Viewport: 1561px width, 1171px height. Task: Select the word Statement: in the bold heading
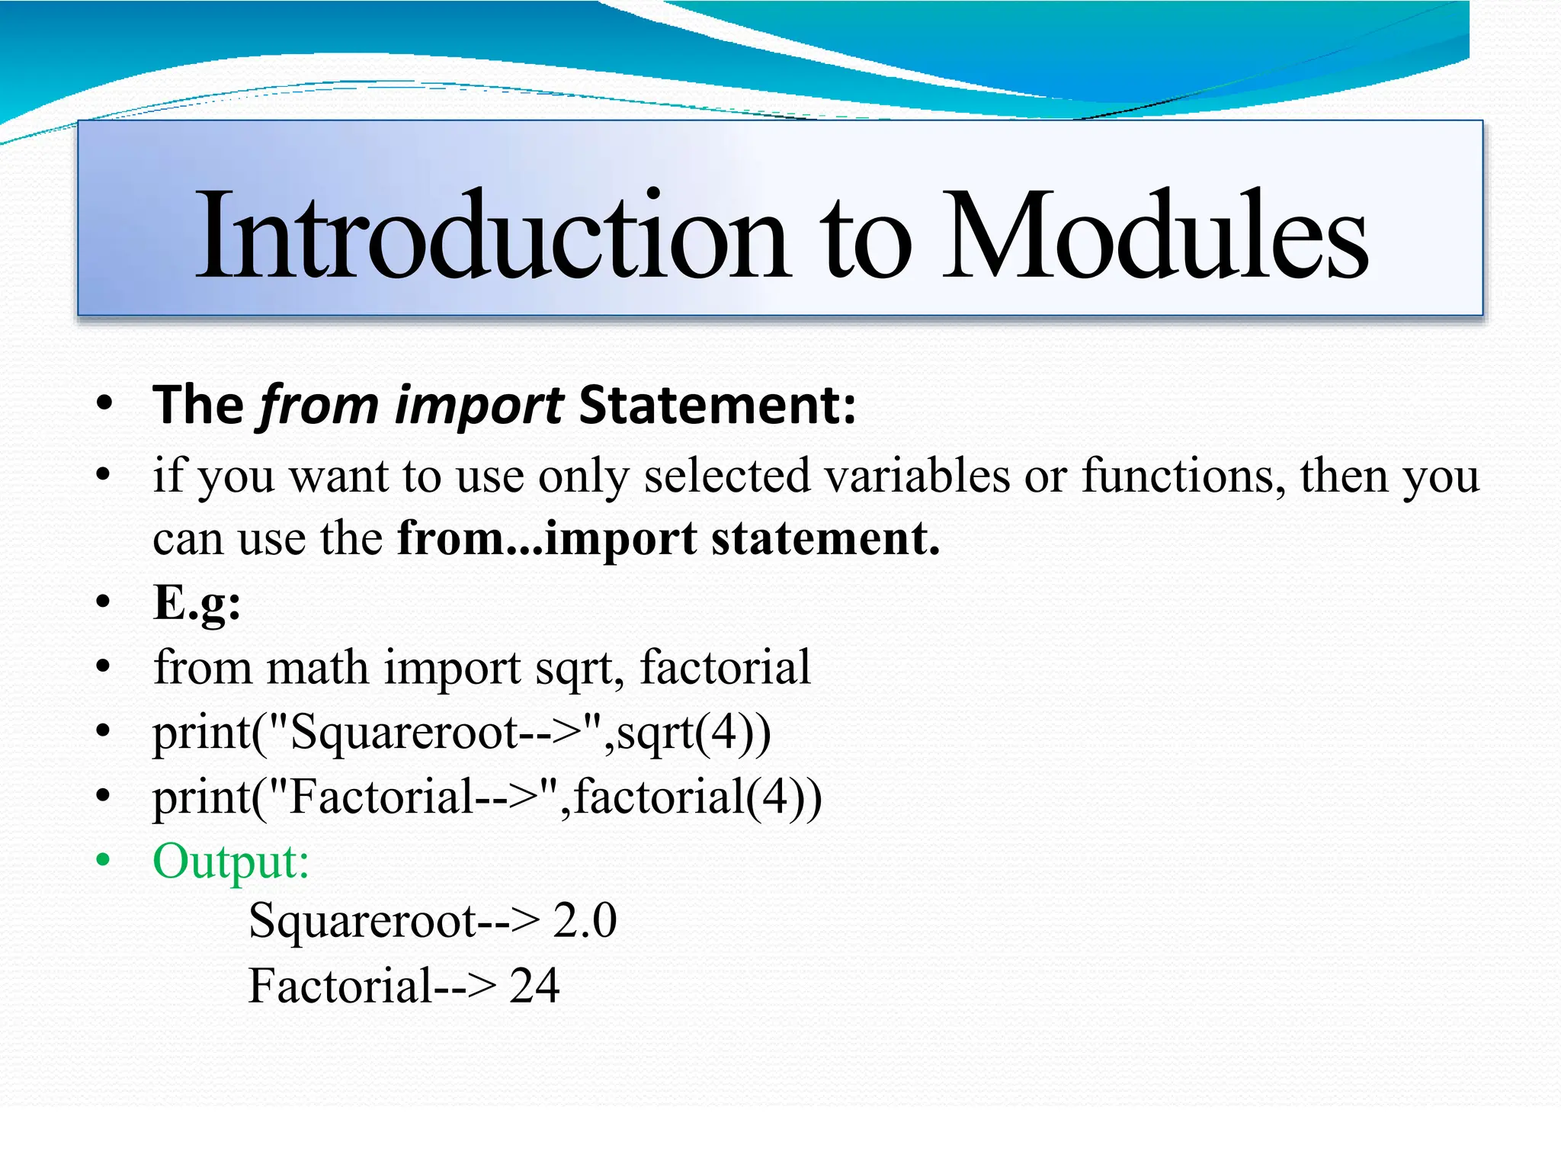click(717, 405)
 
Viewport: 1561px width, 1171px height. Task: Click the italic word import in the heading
click(479, 405)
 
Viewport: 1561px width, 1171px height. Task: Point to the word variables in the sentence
click(917, 476)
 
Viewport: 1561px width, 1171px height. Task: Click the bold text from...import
click(547, 538)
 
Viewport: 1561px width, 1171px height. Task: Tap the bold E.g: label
click(197, 603)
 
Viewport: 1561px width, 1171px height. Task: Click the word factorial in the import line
click(725, 667)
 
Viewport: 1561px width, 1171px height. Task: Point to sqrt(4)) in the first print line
click(694, 733)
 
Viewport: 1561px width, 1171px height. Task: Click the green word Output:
click(231, 861)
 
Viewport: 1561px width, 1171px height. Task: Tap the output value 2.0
click(585, 920)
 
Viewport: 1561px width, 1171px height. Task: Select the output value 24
click(534, 985)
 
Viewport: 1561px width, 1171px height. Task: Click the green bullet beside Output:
click(104, 861)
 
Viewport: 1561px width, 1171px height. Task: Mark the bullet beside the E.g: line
click(104, 603)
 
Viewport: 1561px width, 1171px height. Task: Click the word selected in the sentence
click(726, 476)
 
